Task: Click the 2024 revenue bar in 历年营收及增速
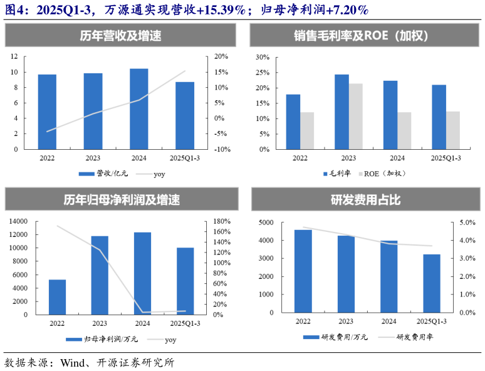click(x=138, y=109)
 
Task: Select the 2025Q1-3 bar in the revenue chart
click(x=185, y=116)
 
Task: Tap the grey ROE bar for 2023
click(x=356, y=117)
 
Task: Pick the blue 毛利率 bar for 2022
click(x=293, y=122)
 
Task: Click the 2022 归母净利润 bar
click(x=57, y=297)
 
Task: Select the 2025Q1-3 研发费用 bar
click(x=432, y=283)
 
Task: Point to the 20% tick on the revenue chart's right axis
click(x=221, y=56)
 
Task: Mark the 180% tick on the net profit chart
click(x=223, y=221)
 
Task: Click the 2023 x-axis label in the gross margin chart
click(x=348, y=159)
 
